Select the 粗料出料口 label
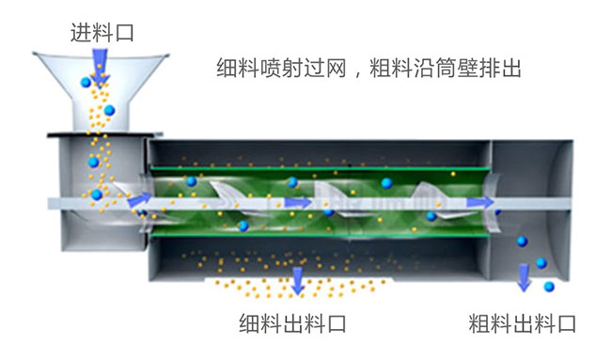pos(522,326)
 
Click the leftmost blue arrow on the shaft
pos(138,199)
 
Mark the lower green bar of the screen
pos(320,235)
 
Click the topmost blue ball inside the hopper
pos(85,84)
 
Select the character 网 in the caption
pos(336,69)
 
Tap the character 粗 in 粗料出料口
pos(478,326)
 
